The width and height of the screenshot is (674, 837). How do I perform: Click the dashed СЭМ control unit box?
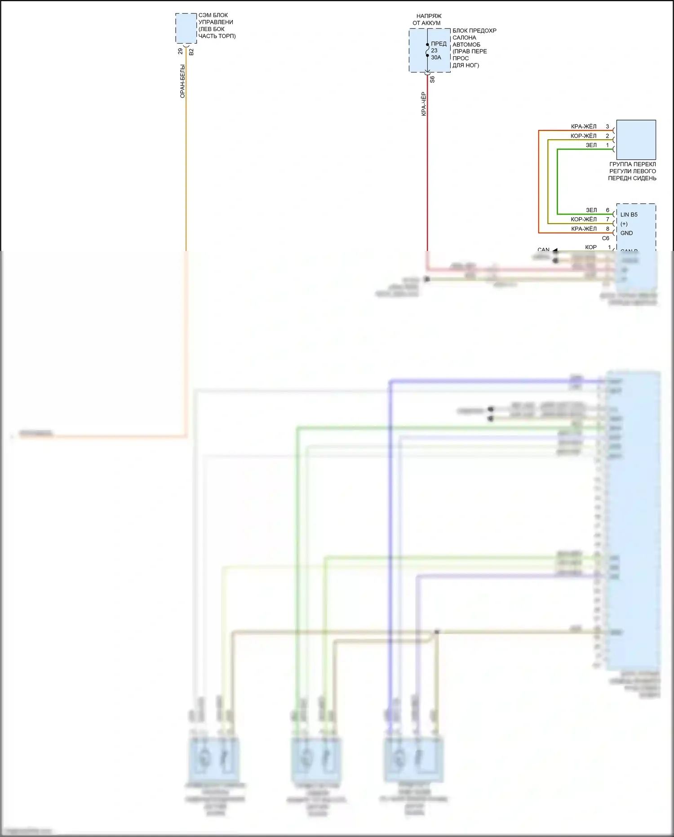click(186, 27)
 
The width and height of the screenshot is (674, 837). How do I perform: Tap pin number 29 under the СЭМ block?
click(181, 51)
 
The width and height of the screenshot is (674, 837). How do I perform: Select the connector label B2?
click(191, 52)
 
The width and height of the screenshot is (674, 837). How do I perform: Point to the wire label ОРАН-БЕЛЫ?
click(182, 81)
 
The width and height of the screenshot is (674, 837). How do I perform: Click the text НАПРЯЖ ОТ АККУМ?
click(427, 19)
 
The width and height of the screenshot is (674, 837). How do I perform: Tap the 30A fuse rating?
click(436, 58)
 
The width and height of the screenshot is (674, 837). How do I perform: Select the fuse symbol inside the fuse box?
click(427, 50)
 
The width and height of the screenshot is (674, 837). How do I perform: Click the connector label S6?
click(432, 79)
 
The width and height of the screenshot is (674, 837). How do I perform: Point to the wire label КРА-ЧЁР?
click(424, 104)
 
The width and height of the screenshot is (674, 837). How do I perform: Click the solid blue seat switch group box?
click(636, 139)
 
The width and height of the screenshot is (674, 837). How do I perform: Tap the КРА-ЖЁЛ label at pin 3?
click(584, 127)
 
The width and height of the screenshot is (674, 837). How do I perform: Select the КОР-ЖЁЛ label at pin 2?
click(583, 136)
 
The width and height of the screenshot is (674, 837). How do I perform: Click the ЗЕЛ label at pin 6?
click(591, 210)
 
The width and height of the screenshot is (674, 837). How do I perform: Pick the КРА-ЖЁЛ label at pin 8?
click(584, 229)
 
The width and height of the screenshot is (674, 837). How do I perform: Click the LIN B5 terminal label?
click(629, 215)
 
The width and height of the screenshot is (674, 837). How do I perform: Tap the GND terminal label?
click(626, 233)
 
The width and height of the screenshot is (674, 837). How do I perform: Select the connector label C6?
click(605, 238)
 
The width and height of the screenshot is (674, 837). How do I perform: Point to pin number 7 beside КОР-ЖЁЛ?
click(607, 219)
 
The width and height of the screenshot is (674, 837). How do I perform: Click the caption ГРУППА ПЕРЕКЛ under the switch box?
click(632, 164)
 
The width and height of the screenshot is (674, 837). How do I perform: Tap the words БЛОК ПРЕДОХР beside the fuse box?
click(474, 31)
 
